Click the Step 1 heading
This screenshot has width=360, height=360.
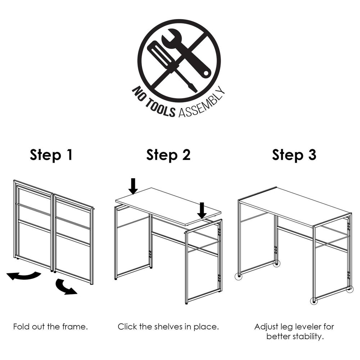coord(51,155)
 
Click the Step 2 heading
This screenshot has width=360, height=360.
coord(168,155)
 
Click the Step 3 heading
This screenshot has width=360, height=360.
coord(294,155)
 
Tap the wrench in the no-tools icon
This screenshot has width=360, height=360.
coord(186,55)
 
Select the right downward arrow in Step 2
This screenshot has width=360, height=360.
coord(202,211)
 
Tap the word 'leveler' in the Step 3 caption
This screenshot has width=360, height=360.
coord(305,327)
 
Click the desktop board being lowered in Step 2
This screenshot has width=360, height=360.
coord(168,206)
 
